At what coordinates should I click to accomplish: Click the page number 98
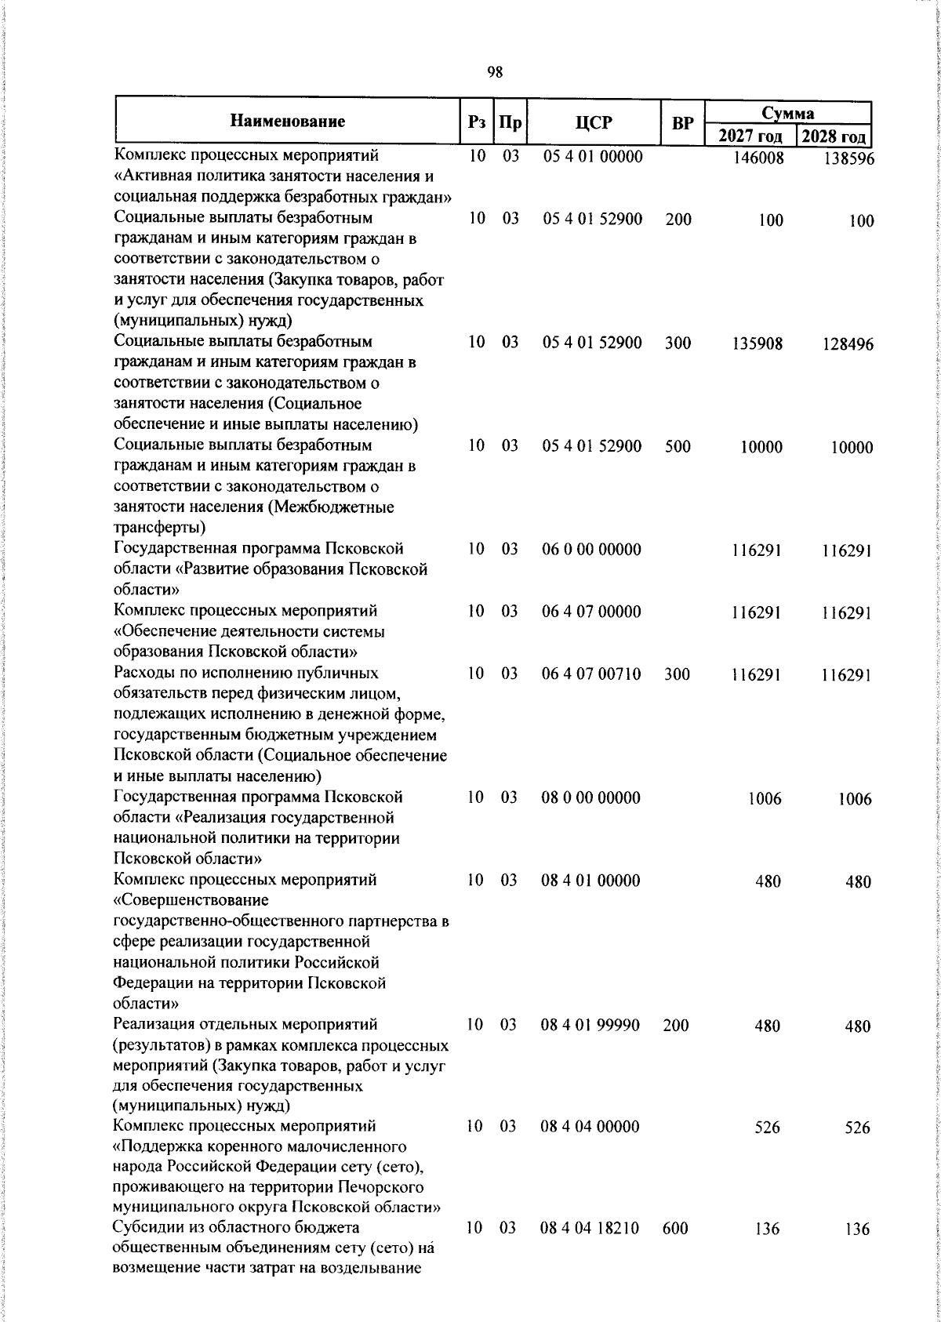point(495,72)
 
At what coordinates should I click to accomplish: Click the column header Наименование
point(288,122)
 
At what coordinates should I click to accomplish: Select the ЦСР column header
point(593,122)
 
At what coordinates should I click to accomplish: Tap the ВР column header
point(683,123)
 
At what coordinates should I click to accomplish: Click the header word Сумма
point(788,113)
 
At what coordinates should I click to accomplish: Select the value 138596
point(848,159)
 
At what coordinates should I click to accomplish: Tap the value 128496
point(848,345)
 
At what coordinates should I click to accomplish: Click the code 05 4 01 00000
point(593,156)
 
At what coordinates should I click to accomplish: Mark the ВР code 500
point(677,446)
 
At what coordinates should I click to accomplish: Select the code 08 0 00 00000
point(591,797)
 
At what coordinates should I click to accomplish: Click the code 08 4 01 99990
point(591,1025)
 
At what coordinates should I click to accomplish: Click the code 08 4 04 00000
point(591,1127)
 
